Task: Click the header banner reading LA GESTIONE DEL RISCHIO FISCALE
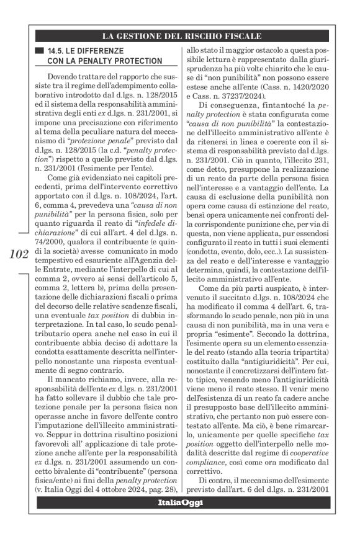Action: click(x=181, y=35)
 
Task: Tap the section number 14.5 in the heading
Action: click(x=58, y=50)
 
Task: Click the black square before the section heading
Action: click(x=41, y=50)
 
